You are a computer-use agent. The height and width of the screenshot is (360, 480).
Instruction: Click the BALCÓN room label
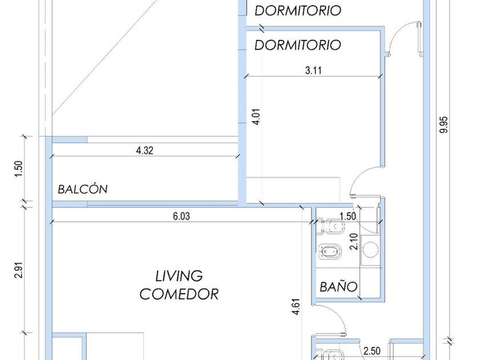pyautogui.click(x=83, y=189)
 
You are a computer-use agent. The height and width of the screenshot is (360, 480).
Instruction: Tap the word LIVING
pyautogui.click(x=179, y=276)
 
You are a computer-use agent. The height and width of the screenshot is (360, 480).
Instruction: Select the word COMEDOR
pyautogui.click(x=179, y=294)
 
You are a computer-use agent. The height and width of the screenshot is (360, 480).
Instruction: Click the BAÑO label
pyautogui.click(x=338, y=286)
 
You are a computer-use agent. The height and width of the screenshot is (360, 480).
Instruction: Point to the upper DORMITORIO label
pyautogui.click(x=298, y=10)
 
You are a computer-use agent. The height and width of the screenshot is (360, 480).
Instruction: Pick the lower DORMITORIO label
pyautogui.click(x=298, y=45)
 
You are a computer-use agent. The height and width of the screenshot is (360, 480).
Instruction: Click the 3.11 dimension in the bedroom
pyautogui.click(x=314, y=70)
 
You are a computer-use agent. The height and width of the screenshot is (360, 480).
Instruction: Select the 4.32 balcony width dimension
pyautogui.click(x=145, y=151)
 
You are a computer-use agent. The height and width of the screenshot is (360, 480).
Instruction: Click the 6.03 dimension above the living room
pyautogui.click(x=181, y=216)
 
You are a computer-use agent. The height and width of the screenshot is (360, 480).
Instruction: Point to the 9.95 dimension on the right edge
pyautogui.click(x=443, y=125)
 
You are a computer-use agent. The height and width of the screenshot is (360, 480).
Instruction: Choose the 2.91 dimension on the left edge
pyautogui.click(x=19, y=269)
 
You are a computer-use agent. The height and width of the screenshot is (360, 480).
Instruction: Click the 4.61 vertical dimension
pyautogui.click(x=296, y=307)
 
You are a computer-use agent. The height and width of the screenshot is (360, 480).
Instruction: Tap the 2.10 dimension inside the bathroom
pyautogui.click(x=354, y=242)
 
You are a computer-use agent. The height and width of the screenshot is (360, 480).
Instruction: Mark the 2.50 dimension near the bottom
pyautogui.click(x=372, y=350)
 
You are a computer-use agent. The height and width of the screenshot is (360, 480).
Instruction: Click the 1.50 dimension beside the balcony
pyautogui.click(x=19, y=169)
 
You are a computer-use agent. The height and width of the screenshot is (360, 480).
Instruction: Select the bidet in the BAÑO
pyautogui.click(x=330, y=251)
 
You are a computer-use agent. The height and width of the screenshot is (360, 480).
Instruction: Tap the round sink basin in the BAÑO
pyautogui.click(x=371, y=249)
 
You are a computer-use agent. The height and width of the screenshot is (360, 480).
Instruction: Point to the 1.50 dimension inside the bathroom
pyautogui.click(x=348, y=216)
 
